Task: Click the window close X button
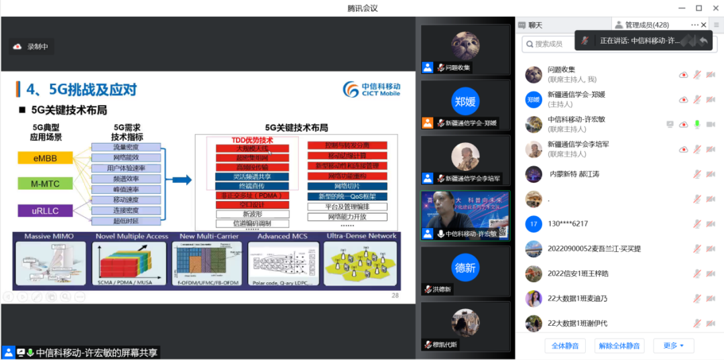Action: pyautogui.click(x=715, y=8)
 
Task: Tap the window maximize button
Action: pyautogui.click(x=699, y=8)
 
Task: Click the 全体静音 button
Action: pyautogui.click(x=565, y=346)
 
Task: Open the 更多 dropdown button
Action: pyautogui.click(x=673, y=346)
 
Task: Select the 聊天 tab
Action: pyautogui.click(x=534, y=25)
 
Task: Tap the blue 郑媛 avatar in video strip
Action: pyautogui.click(x=465, y=101)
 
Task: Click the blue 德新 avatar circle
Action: pyautogui.click(x=465, y=267)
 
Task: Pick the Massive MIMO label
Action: pyautogui.click(x=48, y=237)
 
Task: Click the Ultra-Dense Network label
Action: pyautogui.click(x=361, y=237)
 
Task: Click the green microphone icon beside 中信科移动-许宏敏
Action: pyautogui.click(x=697, y=124)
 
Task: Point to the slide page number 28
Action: pyautogui.click(x=395, y=296)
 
